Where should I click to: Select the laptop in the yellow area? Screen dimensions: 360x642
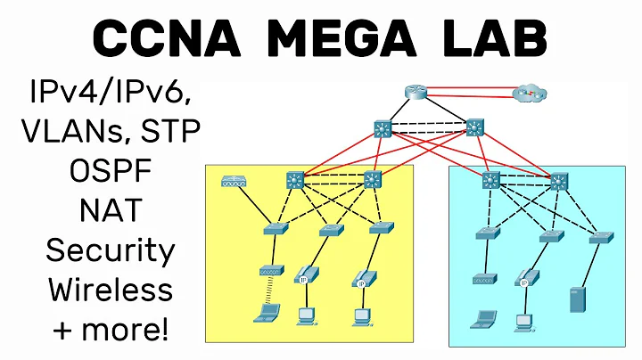(267, 313)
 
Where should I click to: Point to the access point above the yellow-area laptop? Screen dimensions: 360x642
(269, 270)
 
